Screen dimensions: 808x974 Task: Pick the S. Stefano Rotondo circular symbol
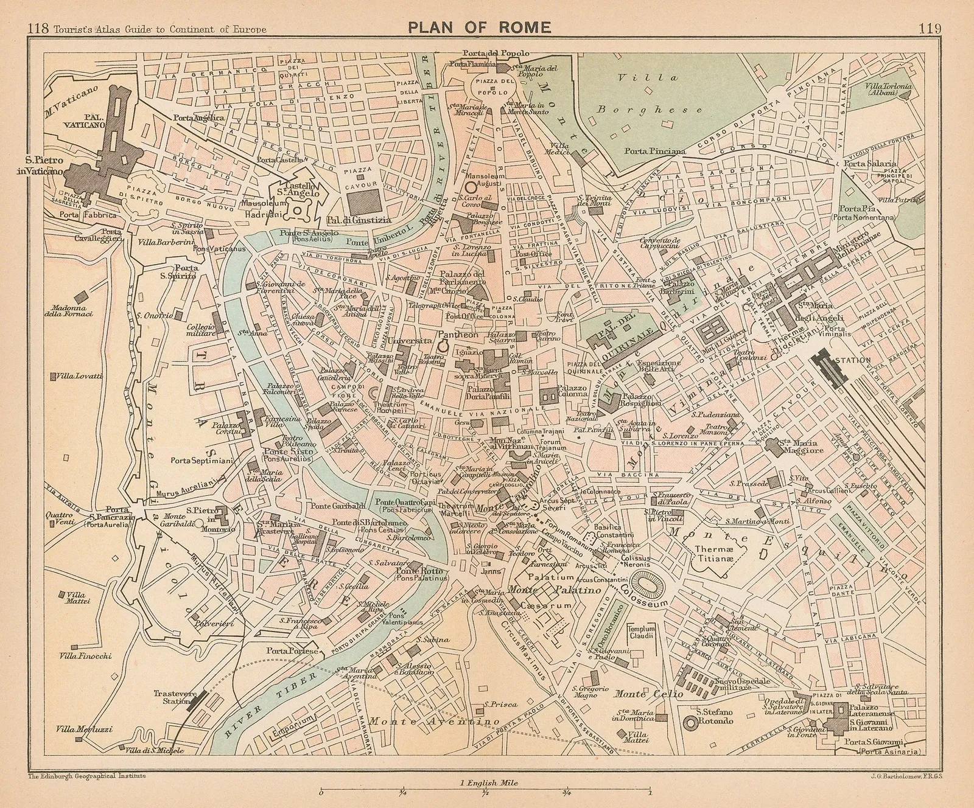(x=691, y=722)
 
